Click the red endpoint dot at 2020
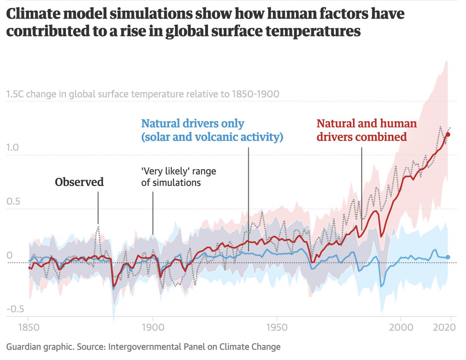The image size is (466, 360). pos(448,134)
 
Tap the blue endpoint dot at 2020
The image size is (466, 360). pos(448,257)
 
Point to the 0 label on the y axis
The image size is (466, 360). pos(10,255)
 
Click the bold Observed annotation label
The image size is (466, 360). pos(79,182)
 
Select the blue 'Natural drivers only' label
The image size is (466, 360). pos(212,130)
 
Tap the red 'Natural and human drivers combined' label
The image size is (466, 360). pos(367,130)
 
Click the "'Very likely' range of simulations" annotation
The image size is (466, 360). pos(178,177)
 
